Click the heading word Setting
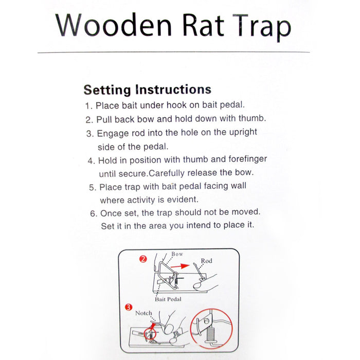[106, 90]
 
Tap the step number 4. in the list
[92, 160]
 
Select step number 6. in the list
[93, 212]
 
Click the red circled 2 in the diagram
[143, 259]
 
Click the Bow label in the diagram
[177, 254]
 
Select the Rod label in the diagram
[206, 261]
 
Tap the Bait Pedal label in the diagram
[168, 299]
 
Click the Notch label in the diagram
[143, 313]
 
